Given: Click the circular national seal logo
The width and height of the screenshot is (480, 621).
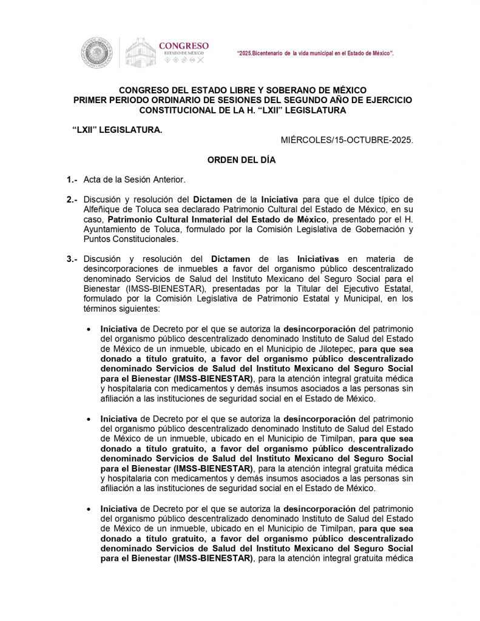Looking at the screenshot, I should pyautogui.click(x=98, y=52).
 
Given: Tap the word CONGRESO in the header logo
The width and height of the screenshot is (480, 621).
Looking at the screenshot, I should pyautogui.click(x=183, y=45).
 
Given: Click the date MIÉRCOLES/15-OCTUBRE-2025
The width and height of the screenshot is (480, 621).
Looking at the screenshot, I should pyautogui.click(x=346, y=139).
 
